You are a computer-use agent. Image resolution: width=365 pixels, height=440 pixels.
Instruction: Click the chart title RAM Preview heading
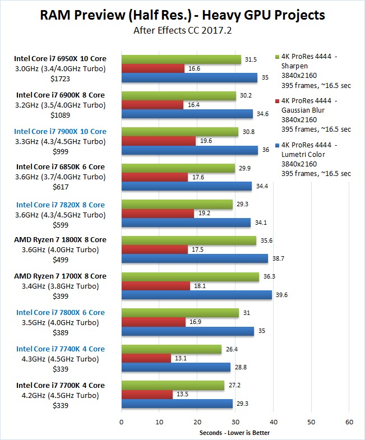click(x=182, y=15)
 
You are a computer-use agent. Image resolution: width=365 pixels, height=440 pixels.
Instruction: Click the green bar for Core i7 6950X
click(x=181, y=59)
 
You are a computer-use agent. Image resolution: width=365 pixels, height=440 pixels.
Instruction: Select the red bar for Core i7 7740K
click(x=146, y=358)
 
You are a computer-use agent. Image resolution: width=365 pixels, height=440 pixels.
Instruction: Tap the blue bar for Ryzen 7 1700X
click(x=196, y=295)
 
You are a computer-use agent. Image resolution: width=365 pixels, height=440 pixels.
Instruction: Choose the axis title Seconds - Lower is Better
click(x=235, y=432)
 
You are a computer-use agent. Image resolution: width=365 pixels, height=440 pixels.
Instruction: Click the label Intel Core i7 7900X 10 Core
click(x=61, y=132)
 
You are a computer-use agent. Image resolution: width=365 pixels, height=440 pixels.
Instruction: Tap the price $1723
click(x=61, y=79)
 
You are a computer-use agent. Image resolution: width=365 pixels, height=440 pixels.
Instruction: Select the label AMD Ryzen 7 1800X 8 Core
click(x=60, y=240)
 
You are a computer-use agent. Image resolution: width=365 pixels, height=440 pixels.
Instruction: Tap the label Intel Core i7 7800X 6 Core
click(x=60, y=312)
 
